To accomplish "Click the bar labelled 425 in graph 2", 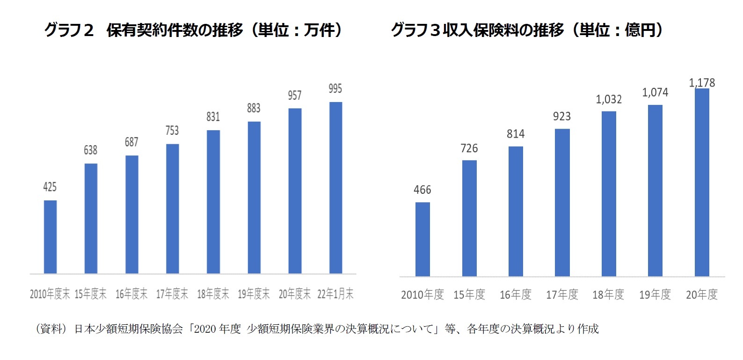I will click(x=50, y=237).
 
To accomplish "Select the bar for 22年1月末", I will click(x=335, y=187).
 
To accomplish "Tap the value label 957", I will click(x=295, y=96).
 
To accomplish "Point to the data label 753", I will click(x=172, y=131).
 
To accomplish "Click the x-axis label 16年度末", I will click(x=131, y=294).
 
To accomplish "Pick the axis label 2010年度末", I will click(x=50, y=294).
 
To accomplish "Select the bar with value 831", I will click(x=213, y=201).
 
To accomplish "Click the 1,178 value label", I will click(x=702, y=83).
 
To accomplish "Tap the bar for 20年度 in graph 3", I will click(x=702, y=183).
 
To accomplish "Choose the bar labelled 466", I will click(x=422, y=239).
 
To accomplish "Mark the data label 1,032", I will click(x=609, y=99).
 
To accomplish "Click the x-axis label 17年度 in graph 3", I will click(x=562, y=294).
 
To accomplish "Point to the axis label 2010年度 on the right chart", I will click(x=422, y=294).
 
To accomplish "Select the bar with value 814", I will click(x=516, y=211).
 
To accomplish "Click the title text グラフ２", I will click(x=69, y=30).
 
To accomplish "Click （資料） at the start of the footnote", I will click(x=51, y=329).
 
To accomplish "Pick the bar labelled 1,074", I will click(x=655, y=191).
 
